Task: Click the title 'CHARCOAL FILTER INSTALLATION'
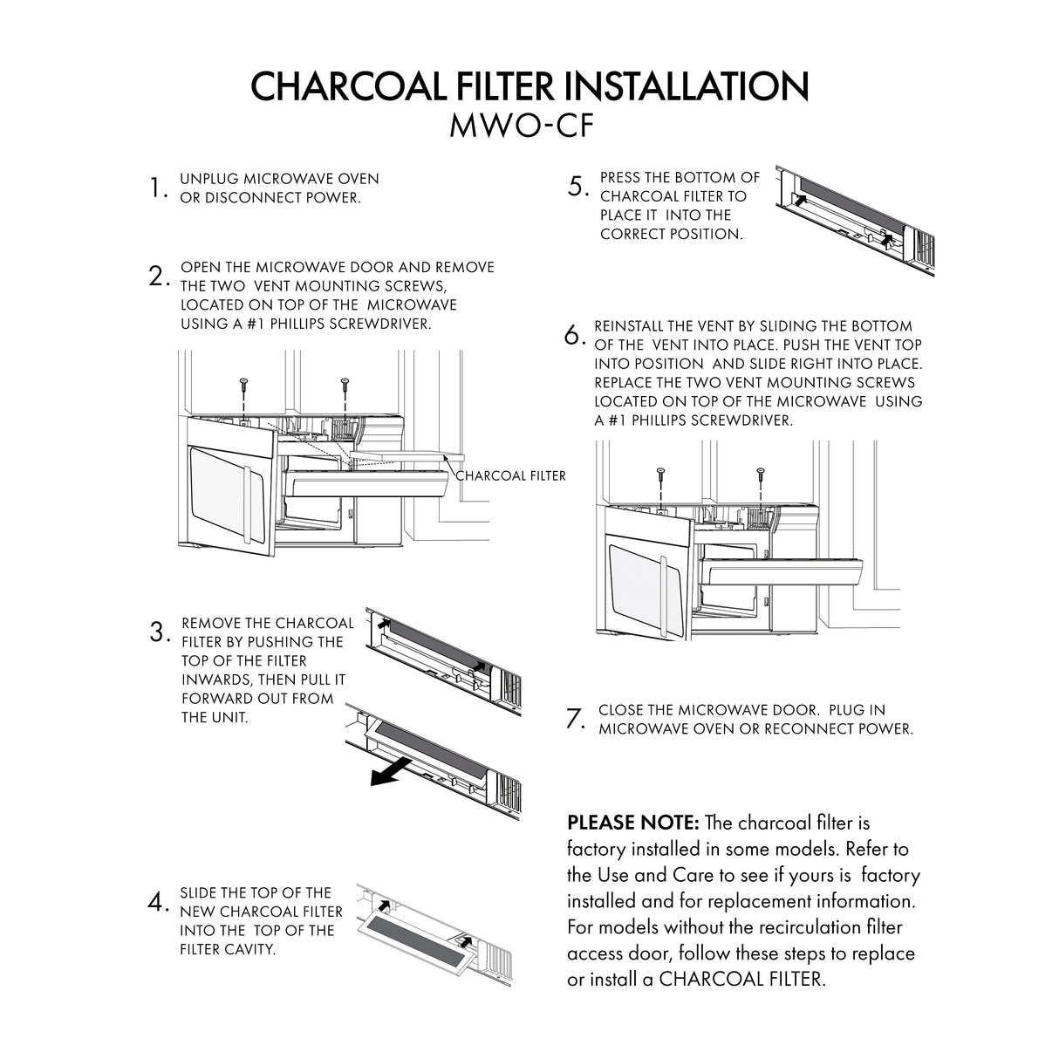(529, 85)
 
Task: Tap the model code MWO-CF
(521, 126)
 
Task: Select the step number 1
(158, 188)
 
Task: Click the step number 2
(158, 277)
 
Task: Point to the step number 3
(159, 632)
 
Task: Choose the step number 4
(158, 902)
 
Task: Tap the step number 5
(578, 187)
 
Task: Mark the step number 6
(573, 335)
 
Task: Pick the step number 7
(575, 719)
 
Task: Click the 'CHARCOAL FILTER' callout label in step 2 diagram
(511, 475)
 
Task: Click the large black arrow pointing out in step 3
(389, 770)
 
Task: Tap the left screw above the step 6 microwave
(660, 474)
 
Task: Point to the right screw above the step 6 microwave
(761, 474)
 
